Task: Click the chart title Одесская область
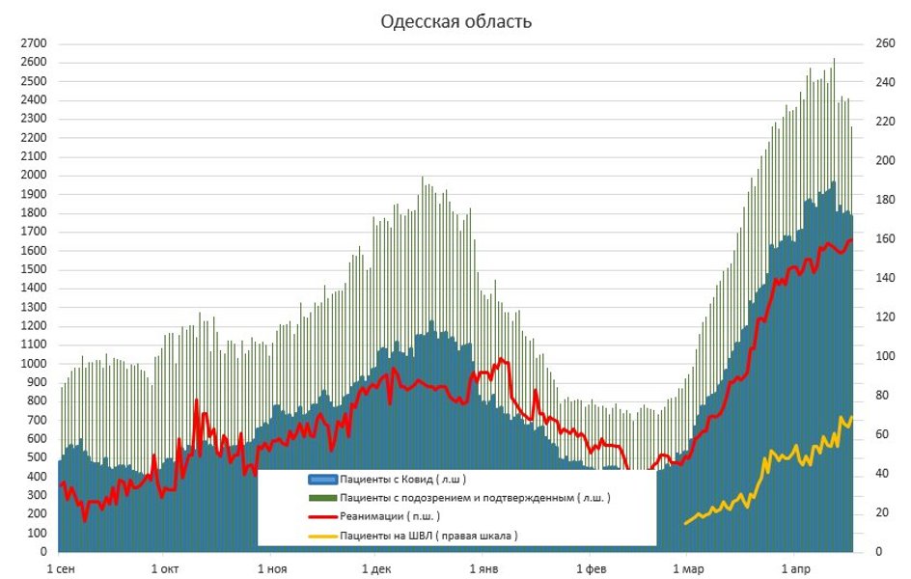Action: [x=455, y=21]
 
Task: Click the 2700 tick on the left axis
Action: [x=35, y=44]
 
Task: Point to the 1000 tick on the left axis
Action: [x=35, y=364]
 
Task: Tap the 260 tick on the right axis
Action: [x=881, y=44]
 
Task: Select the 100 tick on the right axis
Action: [x=881, y=356]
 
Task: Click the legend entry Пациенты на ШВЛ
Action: [x=428, y=536]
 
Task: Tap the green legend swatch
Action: [x=321, y=498]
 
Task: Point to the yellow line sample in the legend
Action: [x=321, y=536]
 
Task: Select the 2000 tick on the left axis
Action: [x=35, y=176]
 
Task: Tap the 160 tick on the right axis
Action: [x=881, y=239]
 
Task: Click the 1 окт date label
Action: [x=164, y=568]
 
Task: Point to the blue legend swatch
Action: [x=321, y=479]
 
